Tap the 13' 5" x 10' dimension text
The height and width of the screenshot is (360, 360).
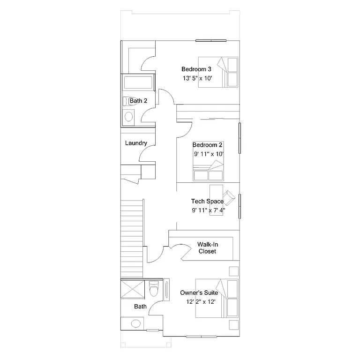point(197,78)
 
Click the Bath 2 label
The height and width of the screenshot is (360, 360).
point(139,101)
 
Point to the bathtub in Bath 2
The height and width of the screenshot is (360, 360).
point(138,83)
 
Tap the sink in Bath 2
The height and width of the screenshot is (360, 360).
point(130,116)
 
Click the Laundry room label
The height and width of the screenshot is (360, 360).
point(136,143)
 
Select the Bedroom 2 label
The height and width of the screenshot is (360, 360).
point(207,145)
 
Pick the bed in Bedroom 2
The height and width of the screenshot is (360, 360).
point(208,170)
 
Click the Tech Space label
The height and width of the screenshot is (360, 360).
point(207,202)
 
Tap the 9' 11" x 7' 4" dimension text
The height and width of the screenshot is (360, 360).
point(208,210)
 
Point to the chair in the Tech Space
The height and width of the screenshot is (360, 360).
point(229,197)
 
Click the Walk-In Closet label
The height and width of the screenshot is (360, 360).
point(207,248)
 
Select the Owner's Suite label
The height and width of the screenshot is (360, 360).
point(199,293)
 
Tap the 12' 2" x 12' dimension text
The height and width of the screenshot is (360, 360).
point(201,302)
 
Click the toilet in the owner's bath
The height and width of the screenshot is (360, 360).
point(153,289)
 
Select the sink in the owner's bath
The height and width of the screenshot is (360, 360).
point(136,323)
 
